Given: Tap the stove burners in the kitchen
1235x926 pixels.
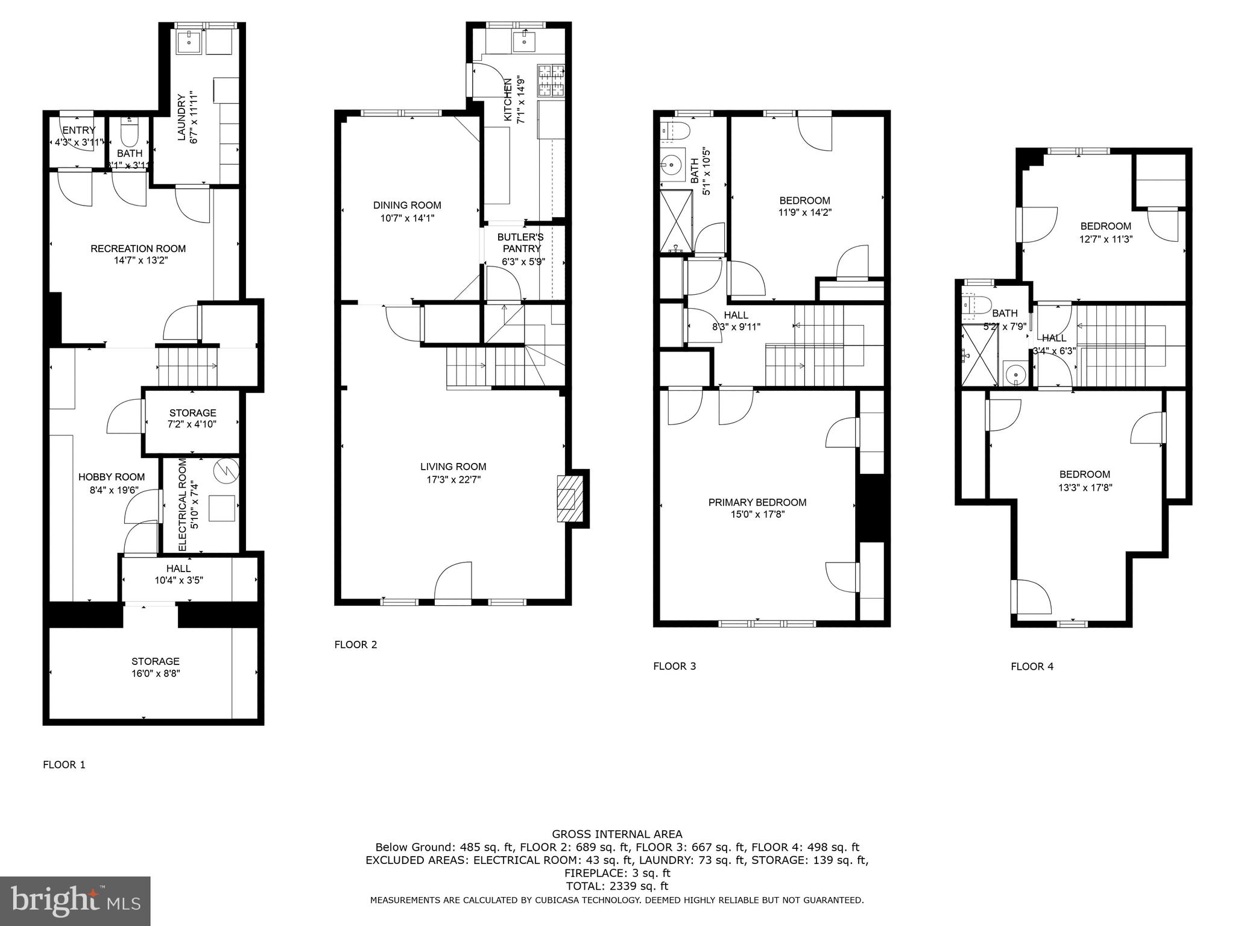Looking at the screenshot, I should pyautogui.click(x=551, y=81).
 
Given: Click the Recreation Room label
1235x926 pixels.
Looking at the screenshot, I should pyautogui.click(x=138, y=248).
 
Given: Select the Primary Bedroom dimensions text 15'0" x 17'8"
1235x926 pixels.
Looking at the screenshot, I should pyautogui.click(x=757, y=514).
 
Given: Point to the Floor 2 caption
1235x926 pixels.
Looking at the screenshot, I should pyautogui.click(x=356, y=644).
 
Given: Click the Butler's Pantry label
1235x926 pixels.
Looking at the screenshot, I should pyautogui.click(x=521, y=243).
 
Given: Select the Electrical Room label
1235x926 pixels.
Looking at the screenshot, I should pyautogui.click(x=183, y=505).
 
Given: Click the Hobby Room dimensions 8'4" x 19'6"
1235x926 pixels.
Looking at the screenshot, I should pyautogui.click(x=112, y=490).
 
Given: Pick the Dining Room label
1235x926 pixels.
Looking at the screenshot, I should pyautogui.click(x=407, y=205).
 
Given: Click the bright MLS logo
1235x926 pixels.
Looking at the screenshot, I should pyautogui.click(x=75, y=901).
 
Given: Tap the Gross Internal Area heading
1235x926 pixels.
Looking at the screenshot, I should pyautogui.click(x=617, y=834).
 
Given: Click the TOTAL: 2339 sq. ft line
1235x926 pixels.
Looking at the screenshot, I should pyautogui.click(x=617, y=886).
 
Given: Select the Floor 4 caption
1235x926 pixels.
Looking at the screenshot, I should pyautogui.click(x=1032, y=666).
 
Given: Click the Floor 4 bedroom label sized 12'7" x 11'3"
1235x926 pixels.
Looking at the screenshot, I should pyautogui.click(x=1105, y=232).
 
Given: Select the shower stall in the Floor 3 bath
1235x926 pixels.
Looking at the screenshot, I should pyautogui.click(x=677, y=221).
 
